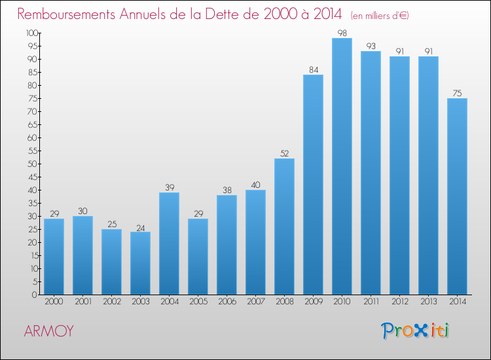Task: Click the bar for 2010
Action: (342, 166)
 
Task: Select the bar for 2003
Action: (140, 263)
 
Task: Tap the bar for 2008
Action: (284, 226)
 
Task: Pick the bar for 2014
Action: (457, 196)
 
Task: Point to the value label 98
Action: (342, 33)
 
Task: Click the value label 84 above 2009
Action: (313, 69)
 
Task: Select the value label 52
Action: (284, 153)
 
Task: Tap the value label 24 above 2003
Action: (140, 226)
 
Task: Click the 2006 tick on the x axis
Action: (227, 302)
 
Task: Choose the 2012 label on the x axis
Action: (399, 302)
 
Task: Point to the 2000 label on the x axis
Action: (54, 302)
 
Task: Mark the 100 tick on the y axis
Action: (31, 33)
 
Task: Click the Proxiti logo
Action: (416, 331)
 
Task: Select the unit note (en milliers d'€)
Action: (380, 16)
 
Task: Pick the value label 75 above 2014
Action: (457, 93)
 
